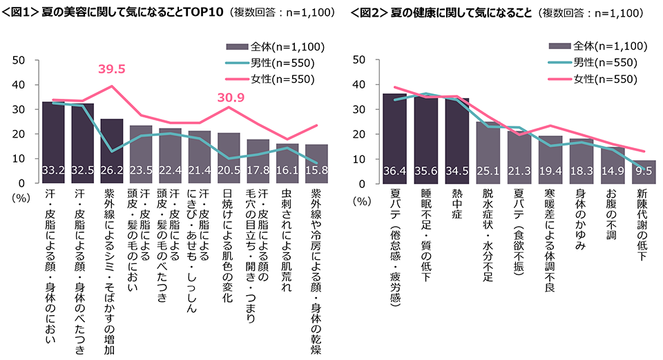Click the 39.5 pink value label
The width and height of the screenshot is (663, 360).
pyautogui.click(x=113, y=69)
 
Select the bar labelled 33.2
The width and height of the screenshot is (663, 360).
pyautogui.click(x=53, y=142)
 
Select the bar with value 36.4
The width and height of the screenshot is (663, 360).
pyautogui.click(x=394, y=138)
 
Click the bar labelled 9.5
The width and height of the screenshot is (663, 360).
pyautogui.click(x=644, y=171)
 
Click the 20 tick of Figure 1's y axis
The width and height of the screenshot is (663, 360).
pyautogui.click(x=20, y=134)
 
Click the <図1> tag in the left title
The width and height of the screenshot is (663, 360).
pyautogui.click(x=21, y=12)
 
